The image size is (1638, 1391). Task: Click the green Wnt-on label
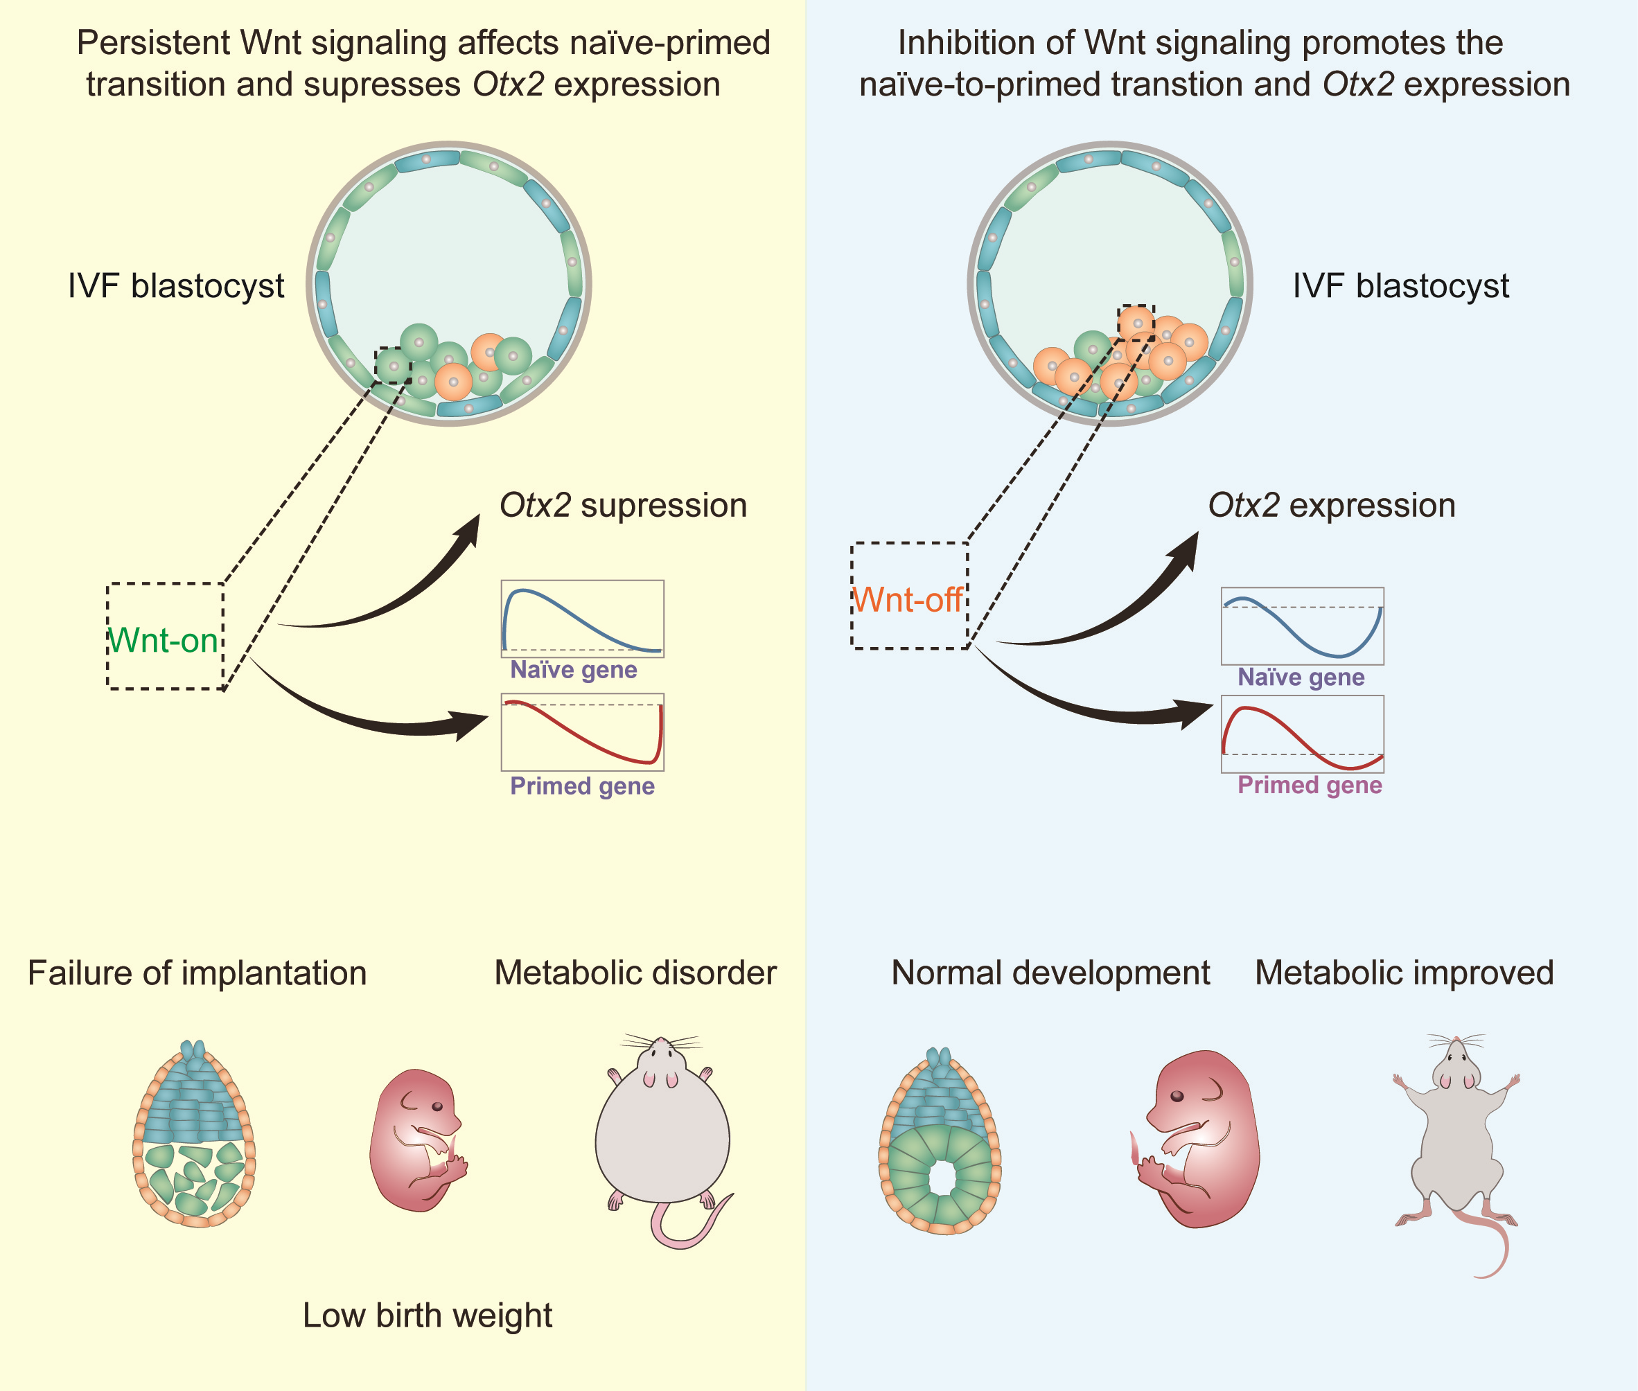(164, 640)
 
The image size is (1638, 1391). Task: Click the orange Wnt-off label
(908, 600)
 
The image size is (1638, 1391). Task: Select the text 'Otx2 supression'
(623, 506)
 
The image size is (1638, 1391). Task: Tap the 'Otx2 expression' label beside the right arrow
(1331, 506)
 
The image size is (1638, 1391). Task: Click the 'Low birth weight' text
(428, 1315)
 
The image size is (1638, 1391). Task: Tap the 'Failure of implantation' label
(197, 973)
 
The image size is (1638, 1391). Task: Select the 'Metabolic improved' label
(1404, 973)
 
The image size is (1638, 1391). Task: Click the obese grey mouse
(663, 1140)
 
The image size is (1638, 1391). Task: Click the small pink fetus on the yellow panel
(417, 1140)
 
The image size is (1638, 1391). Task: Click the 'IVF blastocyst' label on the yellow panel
(176, 286)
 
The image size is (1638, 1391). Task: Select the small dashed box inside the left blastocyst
(393, 365)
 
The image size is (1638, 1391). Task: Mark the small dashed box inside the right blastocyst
(1136, 324)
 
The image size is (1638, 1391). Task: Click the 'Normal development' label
(1050, 973)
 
